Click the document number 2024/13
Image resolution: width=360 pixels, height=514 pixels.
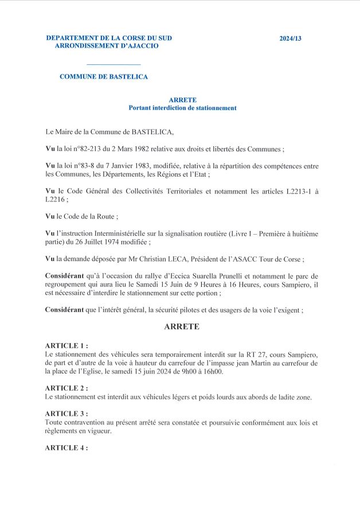[290, 38]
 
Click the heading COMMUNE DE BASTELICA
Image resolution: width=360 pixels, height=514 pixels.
[104, 76]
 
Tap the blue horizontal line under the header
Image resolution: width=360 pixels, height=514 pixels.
[113, 64]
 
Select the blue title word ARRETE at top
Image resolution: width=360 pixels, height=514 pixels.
[183, 100]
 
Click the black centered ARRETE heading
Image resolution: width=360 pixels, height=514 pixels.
[182, 327]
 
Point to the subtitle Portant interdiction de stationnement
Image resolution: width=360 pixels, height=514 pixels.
[183, 108]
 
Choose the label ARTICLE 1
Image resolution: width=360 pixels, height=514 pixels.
[65, 346]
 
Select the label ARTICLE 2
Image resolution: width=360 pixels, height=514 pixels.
[65, 388]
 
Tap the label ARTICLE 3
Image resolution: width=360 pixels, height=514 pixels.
[65, 414]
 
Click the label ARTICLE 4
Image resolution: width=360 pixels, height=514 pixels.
[65, 448]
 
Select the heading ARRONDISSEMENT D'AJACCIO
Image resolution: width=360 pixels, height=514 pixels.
[107, 46]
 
